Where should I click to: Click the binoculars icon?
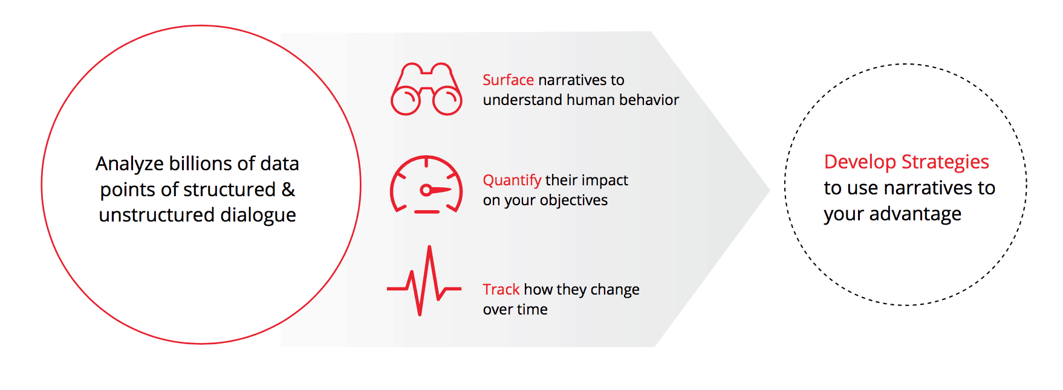(426, 89)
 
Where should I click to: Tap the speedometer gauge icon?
(426, 185)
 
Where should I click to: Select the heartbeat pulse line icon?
(424, 281)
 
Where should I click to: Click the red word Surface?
(508, 80)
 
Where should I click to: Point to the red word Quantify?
(512, 181)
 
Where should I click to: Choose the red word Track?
(501, 289)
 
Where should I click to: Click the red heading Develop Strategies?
(906, 162)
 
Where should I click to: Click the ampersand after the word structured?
(288, 190)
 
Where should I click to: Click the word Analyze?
(129, 164)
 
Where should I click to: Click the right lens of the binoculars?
(447, 101)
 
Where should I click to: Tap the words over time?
(515, 309)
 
